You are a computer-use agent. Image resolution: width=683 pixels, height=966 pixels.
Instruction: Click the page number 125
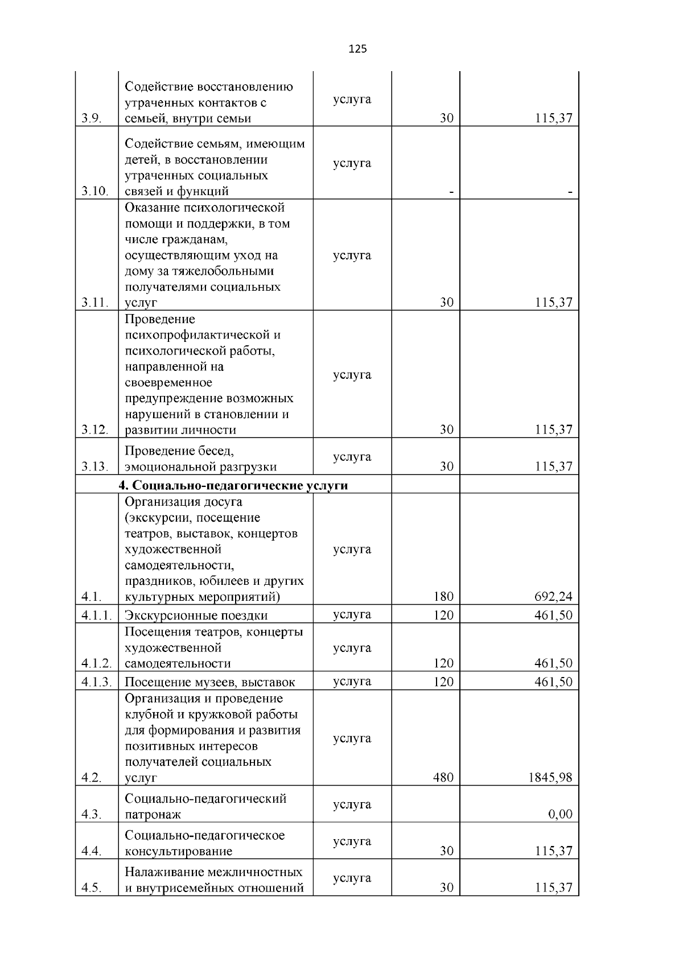tap(357, 49)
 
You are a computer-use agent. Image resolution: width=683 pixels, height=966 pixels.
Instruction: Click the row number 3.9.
tap(91, 119)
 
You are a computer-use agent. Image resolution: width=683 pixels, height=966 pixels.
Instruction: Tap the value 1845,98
tap(549, 778)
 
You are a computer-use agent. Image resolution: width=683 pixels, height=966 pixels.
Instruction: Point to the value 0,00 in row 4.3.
tap(560, 815)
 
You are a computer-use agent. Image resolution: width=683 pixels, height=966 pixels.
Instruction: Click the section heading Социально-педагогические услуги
tap(233, 485)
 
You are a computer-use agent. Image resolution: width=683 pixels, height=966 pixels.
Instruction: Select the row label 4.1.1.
tap(96, 616)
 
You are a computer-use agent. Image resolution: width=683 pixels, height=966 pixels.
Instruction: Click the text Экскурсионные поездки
tap(196, 616)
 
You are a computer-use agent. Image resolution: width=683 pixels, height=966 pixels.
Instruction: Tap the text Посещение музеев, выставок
tap(209, 682)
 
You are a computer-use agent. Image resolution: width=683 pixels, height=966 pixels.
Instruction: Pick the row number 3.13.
tap(94, 467)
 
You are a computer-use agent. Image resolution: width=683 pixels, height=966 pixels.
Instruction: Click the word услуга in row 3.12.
tap(352, 375)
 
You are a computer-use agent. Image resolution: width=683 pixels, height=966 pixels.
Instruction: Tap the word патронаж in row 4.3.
tap(153, 815)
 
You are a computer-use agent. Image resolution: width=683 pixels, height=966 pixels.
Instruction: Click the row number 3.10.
tap(94, 191)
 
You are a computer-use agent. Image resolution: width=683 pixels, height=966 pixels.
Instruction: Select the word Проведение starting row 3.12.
tap(159, 319)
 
